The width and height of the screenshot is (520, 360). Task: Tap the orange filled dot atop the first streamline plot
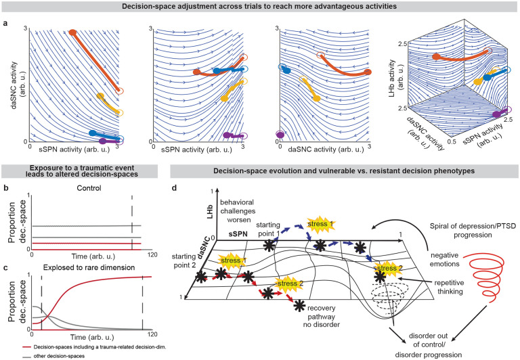(x=73, y=32)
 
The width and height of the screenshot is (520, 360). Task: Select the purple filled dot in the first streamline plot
(x=102, y=141)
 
